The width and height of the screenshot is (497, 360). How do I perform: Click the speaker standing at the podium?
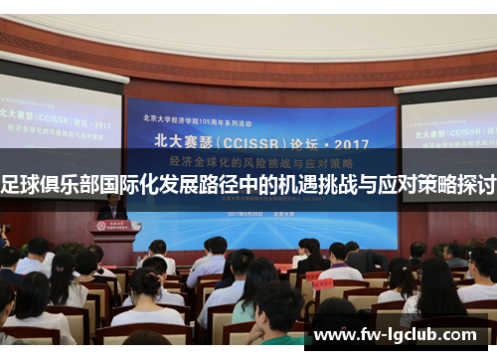point(111,208)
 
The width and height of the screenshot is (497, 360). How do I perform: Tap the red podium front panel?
point(114,240)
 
